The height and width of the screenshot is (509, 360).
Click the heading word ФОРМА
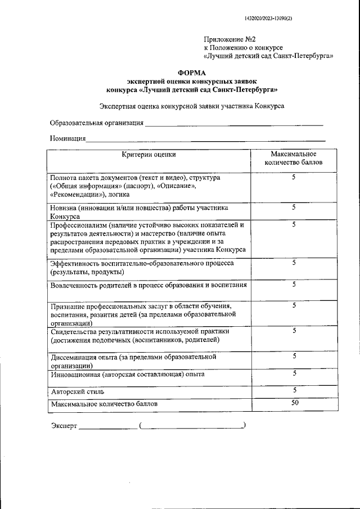click(x=192, y=73)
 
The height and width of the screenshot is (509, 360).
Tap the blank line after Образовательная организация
click(x=234, y=123)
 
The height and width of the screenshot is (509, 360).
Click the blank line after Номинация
click(x=205, y=138)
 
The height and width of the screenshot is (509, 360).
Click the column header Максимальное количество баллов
click(x=293, y=159)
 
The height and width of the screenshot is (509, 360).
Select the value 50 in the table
click(x=294, y=403)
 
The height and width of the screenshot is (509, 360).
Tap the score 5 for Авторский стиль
click(x=294, y=390)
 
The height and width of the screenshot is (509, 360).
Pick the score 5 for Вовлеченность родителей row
click(x=294, y=285)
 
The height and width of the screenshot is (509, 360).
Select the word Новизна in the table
click(x=64, y=208)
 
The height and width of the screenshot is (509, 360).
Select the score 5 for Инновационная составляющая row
click(x=294, y=373)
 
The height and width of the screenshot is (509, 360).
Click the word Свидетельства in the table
click(x=74, y=331)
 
